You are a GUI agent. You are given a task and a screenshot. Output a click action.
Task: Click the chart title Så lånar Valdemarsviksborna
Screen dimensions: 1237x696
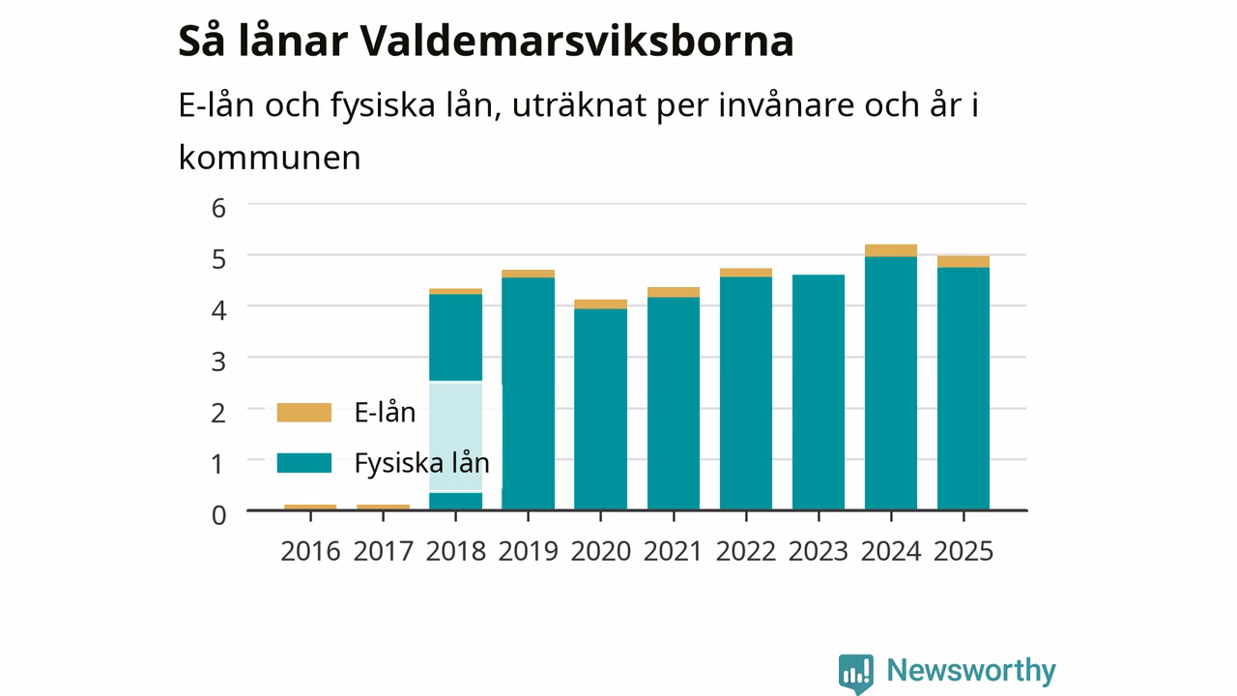tap(486, 42)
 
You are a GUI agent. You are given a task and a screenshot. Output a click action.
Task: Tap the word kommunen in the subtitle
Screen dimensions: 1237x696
tap(270, 158)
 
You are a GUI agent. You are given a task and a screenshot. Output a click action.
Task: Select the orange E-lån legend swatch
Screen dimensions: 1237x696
tap(304, 413)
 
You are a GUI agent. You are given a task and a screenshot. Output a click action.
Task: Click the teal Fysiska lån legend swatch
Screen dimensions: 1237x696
tap(304, 463)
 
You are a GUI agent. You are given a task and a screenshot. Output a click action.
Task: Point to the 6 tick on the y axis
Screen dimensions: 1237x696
tap(218, 208)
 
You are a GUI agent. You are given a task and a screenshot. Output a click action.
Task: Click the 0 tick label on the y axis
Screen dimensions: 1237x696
tap(218, 515)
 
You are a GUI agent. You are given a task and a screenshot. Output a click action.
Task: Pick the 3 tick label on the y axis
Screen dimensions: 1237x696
tap(218, 362)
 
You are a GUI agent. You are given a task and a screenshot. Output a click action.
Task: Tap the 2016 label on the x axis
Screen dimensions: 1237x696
tap(310, 551)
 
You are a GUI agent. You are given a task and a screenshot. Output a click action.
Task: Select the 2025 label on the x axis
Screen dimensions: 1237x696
tap(964, 551)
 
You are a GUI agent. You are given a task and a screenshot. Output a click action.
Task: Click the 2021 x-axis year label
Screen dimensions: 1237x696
tap(674, 551)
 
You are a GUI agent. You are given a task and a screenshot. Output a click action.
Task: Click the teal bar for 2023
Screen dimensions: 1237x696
tap(819, 392)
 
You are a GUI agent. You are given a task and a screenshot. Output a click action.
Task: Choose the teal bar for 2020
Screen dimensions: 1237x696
tap(601, 409)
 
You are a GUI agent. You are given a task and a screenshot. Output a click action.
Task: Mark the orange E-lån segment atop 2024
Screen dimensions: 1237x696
tap(891, 250)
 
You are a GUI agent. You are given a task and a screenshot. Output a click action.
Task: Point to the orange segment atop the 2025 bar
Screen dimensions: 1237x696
tap(964, 262)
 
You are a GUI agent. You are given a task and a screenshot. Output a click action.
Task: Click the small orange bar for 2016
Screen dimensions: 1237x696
tap(310, 507)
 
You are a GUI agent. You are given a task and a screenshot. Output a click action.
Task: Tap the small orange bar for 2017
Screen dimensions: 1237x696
tap(384, 507)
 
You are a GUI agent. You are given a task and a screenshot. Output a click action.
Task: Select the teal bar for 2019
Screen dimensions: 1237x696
tap(528, 393)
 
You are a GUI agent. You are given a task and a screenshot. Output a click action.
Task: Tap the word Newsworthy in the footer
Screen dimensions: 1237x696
tap(971, 670)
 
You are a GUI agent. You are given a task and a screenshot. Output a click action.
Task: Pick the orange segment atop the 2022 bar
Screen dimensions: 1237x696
tap(746, 273)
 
